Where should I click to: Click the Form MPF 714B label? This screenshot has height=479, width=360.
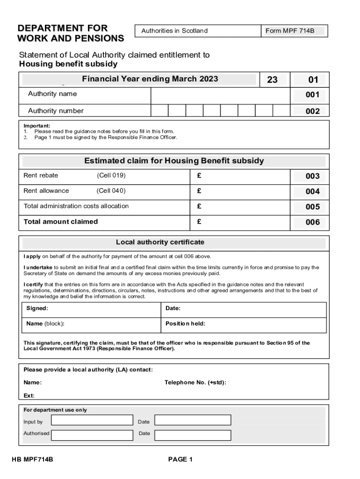pyautogui.click(x=290, y=31)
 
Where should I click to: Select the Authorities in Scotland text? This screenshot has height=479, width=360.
pyautogui.click(x=174, y=31)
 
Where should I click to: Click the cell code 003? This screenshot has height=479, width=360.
pyautogui.click(x=312, y=176)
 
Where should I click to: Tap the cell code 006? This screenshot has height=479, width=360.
pyautogui.click(x=312, y=223)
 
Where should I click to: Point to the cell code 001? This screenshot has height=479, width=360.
pyautogui.click(x=312, y=95)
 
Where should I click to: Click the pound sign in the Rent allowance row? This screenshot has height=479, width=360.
pyautogui.click(x=199, y=191)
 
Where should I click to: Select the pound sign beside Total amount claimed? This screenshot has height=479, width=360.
pyautogui.click(x=199, y=222)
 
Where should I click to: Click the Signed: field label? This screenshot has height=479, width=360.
pyautogui.click(x=37, y=308)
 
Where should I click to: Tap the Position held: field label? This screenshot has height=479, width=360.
pyautogui.click(x=185, y=324)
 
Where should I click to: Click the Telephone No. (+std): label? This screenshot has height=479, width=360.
pyautogui.click(x=195, y=383)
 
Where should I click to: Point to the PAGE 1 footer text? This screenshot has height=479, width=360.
pyautogui.click(x=180, y=460)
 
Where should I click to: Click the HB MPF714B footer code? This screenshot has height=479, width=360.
pyautogui.click(x=32, y=460)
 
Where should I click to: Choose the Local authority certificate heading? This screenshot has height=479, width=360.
pyautogui.click(x=160, y=242)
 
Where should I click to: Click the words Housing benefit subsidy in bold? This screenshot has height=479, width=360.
pyautogui.click(x=68, y=64)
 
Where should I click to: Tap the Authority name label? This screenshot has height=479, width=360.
pyautogui.click(x=52, y=94)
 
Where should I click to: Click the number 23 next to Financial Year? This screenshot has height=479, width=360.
pyautogui.click(x=273, y=80)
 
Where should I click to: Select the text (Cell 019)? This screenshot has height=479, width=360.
pyautogui.click(x=111, y=175)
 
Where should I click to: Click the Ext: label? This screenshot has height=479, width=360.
pyautogui.click(x=29, y=396)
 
